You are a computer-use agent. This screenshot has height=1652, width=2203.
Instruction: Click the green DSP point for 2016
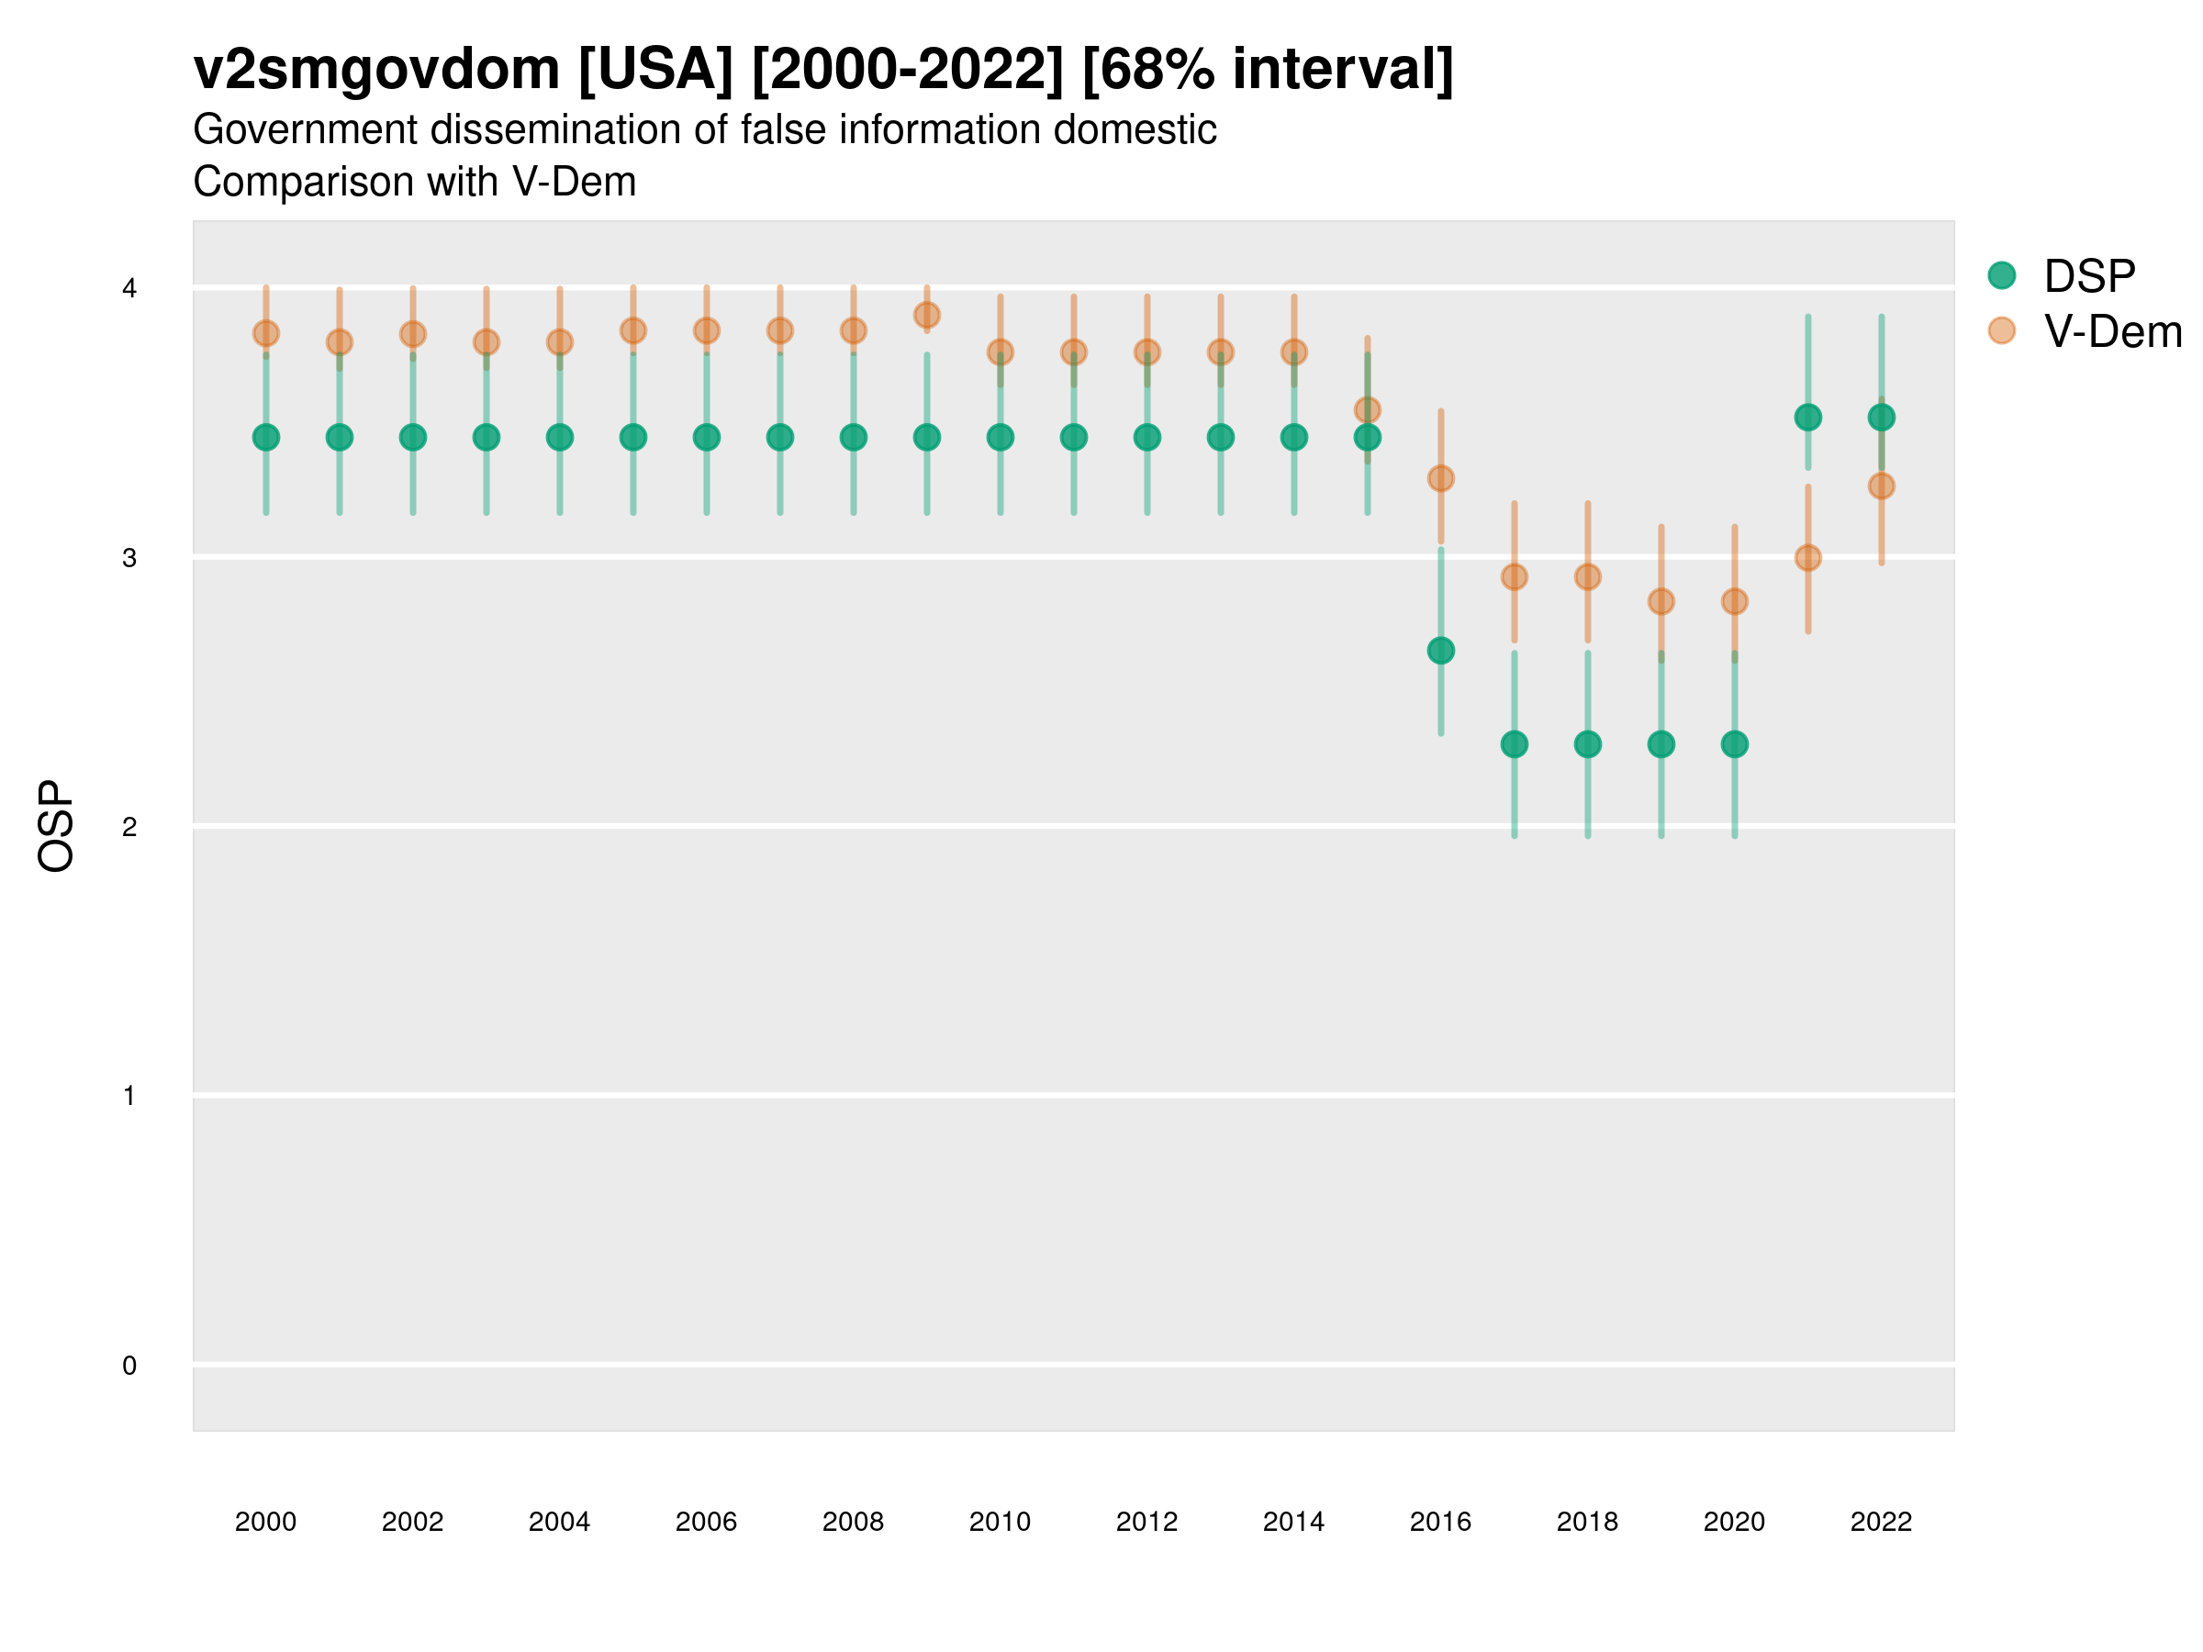(1441, 650)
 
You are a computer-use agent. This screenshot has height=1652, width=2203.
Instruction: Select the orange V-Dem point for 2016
(1441, 478)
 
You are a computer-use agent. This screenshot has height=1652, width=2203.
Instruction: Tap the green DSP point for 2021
(1807, 418)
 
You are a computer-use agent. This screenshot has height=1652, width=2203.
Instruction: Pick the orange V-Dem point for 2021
(1807, 558)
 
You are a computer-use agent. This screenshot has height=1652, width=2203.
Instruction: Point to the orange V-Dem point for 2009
(927, 316)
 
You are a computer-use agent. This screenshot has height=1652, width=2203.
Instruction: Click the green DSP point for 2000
(266, 437)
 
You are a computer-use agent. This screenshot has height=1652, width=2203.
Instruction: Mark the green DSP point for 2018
(1587, 743)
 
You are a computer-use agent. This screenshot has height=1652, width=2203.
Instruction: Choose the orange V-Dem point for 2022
(1882, 486)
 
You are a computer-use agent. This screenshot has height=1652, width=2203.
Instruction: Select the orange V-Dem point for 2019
(1661, 601)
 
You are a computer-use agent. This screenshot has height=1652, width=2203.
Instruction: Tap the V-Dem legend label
(2112, 331)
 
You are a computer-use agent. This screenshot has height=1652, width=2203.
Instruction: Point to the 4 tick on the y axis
(129, 289)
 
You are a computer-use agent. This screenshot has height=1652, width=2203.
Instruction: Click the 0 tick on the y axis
(129, 1366)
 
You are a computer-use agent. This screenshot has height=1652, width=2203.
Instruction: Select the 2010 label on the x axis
(1000, 1522)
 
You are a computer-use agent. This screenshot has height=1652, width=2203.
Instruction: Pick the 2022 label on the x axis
(1882, 1522)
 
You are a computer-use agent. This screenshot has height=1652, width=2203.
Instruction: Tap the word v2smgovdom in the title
(376, 70)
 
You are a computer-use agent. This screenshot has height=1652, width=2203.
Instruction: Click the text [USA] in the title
(655, 70)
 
